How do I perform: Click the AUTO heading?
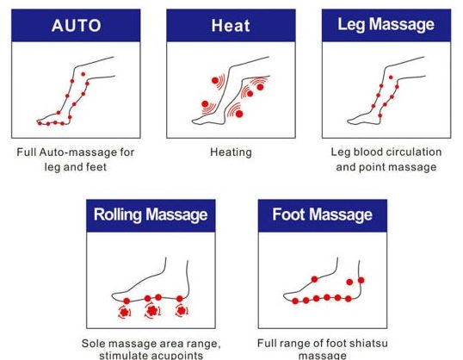pos(77,26)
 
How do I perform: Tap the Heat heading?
pos(231,26)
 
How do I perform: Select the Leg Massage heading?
pos(386,24)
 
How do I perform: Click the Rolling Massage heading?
pos(151,214)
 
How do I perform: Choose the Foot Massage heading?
pos(322,214)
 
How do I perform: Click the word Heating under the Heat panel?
pos(231,152)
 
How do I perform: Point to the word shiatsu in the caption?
pos(368,343)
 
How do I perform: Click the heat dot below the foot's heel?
pos(239,114)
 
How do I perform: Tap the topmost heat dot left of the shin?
pos(215,80)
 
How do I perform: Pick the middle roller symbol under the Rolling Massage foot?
pos(152,311)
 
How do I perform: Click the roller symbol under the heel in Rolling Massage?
pos(182,311)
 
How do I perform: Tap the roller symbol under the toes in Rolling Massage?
pos(124,312)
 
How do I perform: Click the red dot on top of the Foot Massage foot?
pos(314,279)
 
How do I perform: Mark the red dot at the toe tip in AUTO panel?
pos(40,123)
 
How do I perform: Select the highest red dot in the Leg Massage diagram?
pos(391,78)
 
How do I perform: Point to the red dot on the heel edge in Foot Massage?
pos(361,280)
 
